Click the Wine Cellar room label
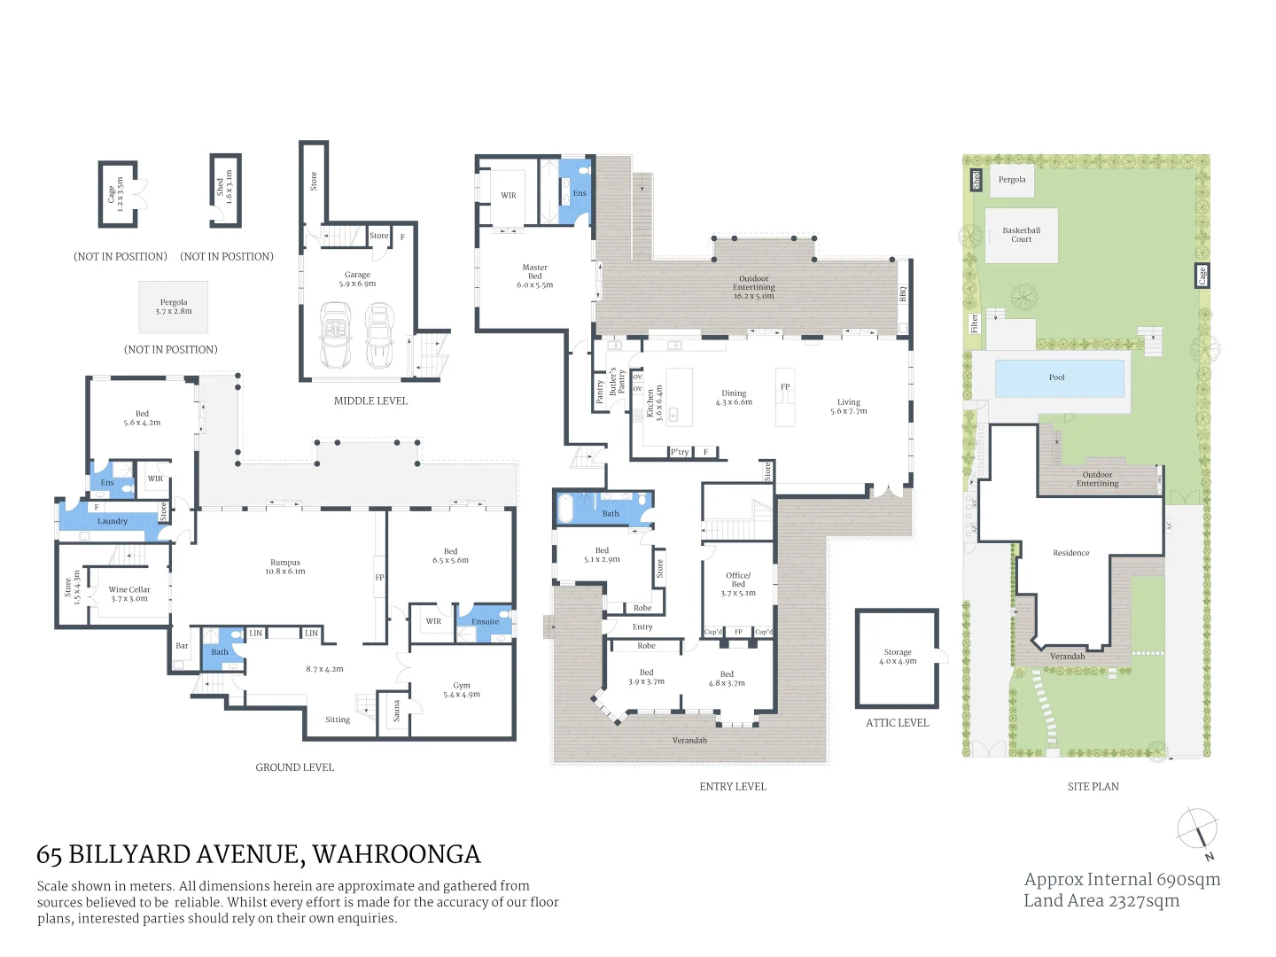tap(129, 594)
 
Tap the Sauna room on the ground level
tap(396, 711)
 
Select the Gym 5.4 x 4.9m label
tap(462, 689)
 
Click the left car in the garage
tap(336, 335)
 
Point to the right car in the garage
tap(379, 335)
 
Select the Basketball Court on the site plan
tap(1022, 235)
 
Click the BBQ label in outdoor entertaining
tap(903, 293)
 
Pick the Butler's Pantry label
tap(617, 381)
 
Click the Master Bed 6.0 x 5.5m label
tap(535, 276)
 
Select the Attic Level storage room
tap(897, 657)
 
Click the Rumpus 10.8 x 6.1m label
tap(285, 566)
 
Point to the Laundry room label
tap(113, 521)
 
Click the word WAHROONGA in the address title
tap(396, 854)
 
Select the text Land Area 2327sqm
tap(1101, 900)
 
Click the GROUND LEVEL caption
tap(295, 767)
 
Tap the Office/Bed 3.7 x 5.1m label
tap(738, 584)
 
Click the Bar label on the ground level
tap(182, 646)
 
